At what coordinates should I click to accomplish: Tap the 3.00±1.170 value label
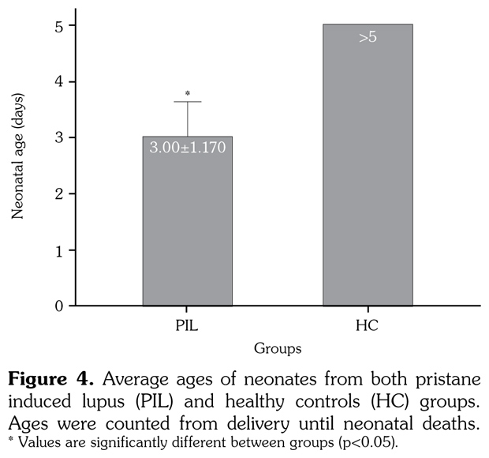[x=188, y=147]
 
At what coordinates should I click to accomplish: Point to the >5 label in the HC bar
[x=368, y=37]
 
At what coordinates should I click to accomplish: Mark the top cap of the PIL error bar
[x=188, y=102]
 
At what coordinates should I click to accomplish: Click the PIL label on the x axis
[x=187, y=325]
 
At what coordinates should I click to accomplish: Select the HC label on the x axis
[x=368, y=325]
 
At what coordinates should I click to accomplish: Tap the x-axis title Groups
[x=277, y=347]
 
